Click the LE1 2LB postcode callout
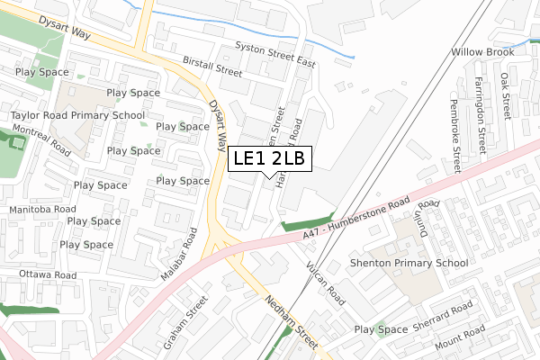pyautogui.click(x=270, y=159)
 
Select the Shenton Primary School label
pyautogui.click(x=409, y=263)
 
